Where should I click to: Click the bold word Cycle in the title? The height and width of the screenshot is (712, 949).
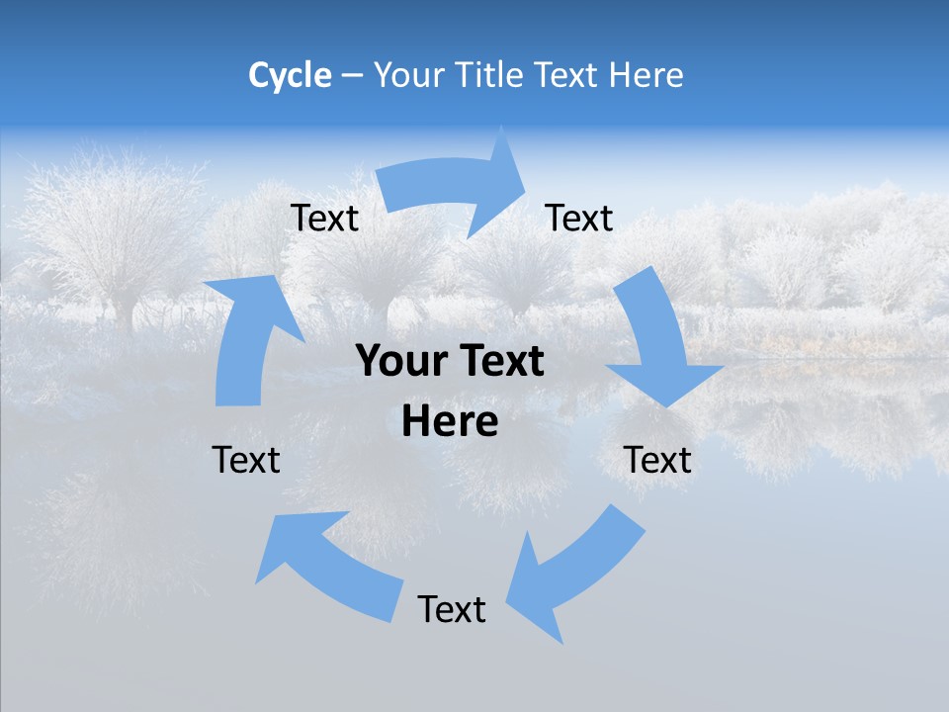click(290, 75)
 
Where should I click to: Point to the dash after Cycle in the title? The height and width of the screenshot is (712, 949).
click(351, 75)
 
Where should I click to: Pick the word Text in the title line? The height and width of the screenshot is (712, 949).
click(568, 75)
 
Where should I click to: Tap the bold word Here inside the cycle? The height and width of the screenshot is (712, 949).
click(450, 422)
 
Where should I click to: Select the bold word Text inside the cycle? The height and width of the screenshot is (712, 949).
click(497, 362)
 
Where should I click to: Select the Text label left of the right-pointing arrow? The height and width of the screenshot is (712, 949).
click(325, 219)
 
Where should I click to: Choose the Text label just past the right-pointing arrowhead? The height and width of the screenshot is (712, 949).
click(579, 219)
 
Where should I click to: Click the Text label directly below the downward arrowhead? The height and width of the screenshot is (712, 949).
click(657, 460)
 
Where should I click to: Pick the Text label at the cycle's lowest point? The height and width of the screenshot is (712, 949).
click(452, 609)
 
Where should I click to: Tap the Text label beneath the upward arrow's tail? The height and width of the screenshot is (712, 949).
click(246, 460)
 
